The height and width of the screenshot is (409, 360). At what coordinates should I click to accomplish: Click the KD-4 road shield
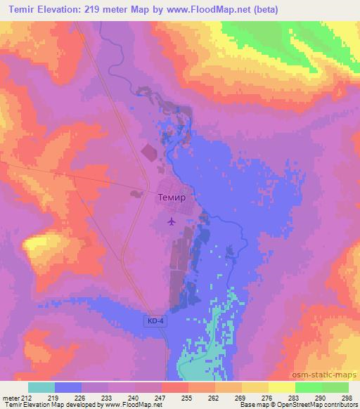point(155,320)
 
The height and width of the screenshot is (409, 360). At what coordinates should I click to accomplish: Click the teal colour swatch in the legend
point(41,387)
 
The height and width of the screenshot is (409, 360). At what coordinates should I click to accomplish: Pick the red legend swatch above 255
point(174,387)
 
